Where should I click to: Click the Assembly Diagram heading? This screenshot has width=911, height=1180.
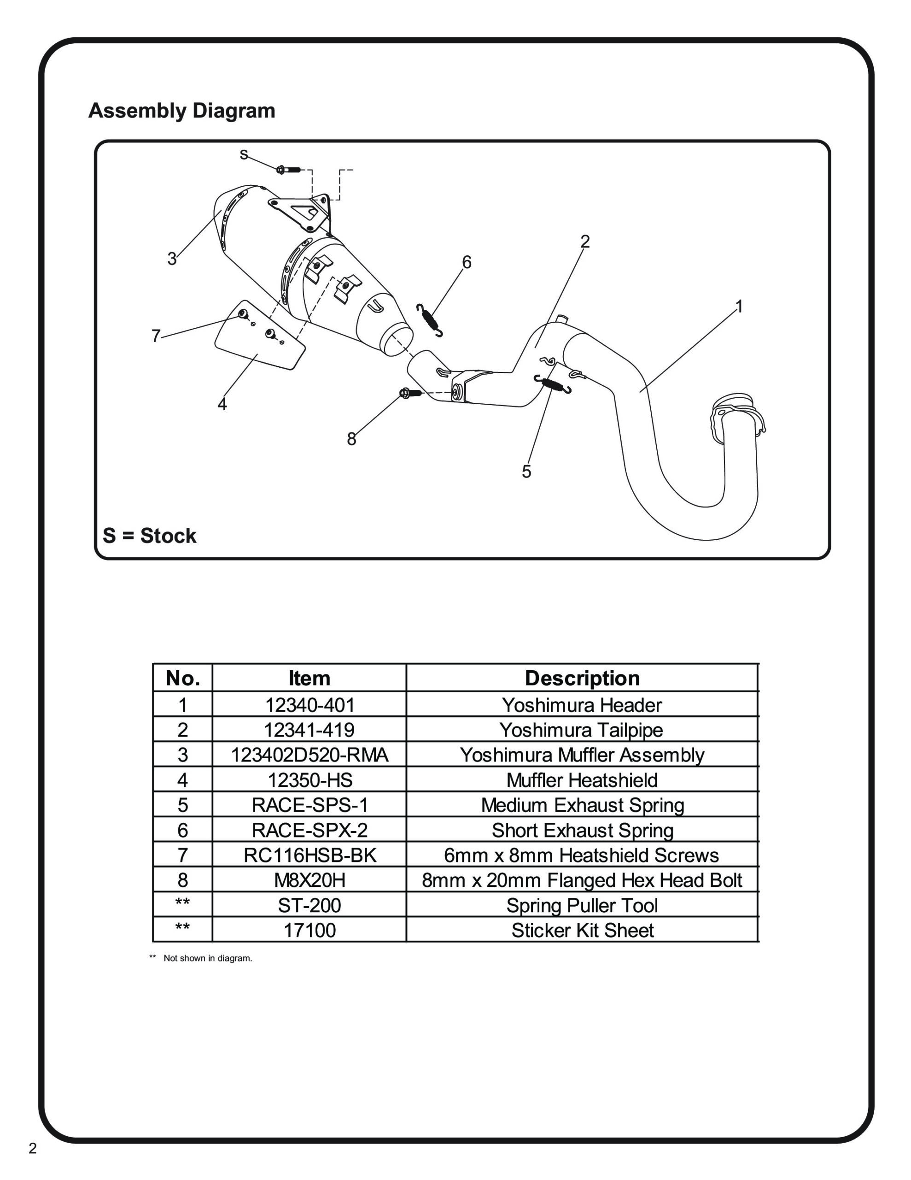181,111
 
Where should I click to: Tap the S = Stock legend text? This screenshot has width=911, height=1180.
149,536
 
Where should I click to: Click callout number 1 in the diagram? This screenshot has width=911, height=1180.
739,307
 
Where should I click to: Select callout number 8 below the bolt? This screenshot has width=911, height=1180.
351,439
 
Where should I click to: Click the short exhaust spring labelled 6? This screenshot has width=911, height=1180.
430,320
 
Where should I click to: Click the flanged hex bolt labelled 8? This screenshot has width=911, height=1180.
410,393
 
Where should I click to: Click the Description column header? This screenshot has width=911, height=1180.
582,678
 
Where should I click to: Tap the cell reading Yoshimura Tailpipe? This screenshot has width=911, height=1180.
581,730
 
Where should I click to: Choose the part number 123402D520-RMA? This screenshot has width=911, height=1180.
310,755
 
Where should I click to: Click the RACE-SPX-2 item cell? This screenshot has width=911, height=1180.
310,830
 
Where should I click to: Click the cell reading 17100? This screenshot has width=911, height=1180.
310,930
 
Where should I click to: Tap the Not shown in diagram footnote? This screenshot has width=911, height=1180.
207,958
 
